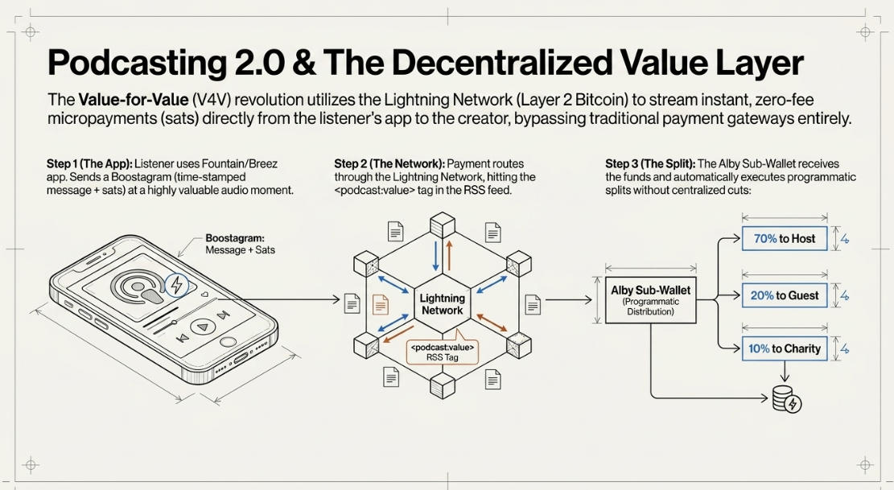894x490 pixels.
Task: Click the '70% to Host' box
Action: [785, 239]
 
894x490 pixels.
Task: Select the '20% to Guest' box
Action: [785, 296]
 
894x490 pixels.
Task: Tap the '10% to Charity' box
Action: [785, 348]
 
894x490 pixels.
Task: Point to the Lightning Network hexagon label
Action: [442, 303]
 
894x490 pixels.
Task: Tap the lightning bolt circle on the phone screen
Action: [177, 284]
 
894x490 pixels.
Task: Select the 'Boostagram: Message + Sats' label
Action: [240, 244]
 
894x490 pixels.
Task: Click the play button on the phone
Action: [200, 327]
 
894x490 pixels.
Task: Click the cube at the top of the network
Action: [443, 225]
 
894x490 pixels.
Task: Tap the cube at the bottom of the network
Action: [443, 385]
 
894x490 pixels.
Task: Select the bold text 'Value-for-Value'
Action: [134, 100]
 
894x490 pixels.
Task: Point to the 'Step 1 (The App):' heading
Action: [89, 164]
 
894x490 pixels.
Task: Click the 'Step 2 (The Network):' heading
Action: [389, 164]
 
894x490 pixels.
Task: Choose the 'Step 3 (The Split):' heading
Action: [650, 164]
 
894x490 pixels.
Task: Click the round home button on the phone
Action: [228, 343]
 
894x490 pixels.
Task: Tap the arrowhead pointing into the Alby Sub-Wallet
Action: [588, 299]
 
